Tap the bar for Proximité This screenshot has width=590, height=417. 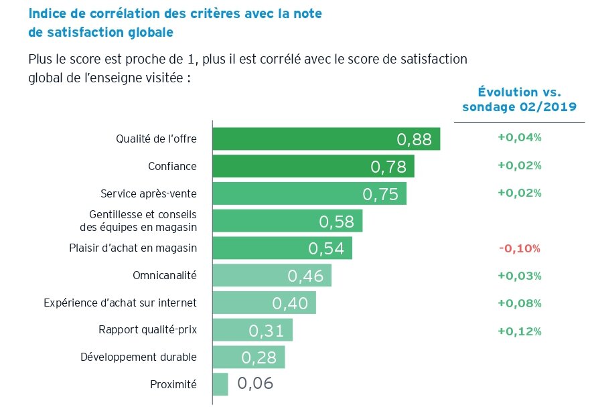[220, 384]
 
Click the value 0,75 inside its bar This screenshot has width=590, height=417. [380, 194]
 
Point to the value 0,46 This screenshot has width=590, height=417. [305, 276]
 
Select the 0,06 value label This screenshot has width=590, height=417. [255, 384]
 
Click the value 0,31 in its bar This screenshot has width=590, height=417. [267, 331]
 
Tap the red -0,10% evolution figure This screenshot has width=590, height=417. [519, 248]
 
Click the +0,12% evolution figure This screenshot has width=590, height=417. [519, 331]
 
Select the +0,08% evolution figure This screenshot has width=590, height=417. [519, 303]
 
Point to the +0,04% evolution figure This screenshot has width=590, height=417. [519, 138]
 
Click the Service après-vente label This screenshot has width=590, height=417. [148, 193]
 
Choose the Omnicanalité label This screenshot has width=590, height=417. [165, 275]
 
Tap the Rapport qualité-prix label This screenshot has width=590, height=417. [147, 330]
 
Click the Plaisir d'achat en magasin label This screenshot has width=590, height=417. [133, 248]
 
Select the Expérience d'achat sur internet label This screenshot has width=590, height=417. [120, 303]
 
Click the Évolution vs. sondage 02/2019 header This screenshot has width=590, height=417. [519, 100]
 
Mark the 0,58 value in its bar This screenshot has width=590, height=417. [336, 222]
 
